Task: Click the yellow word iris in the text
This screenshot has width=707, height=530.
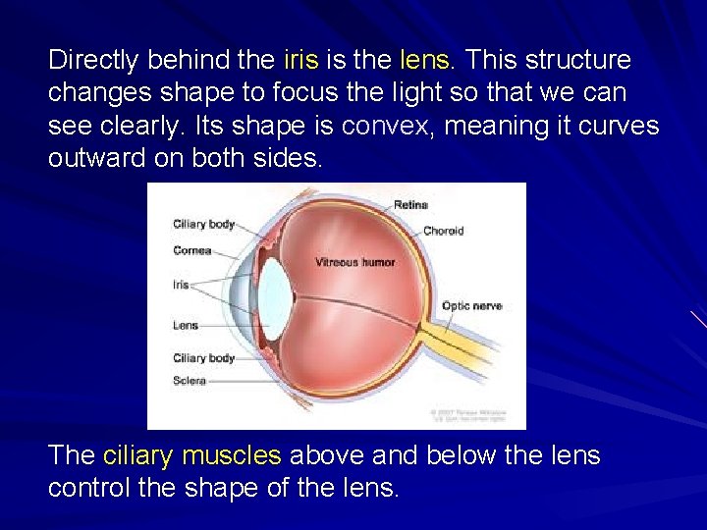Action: point(300,60)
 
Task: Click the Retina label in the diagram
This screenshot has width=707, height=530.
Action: point(410,205)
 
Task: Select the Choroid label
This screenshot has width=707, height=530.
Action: point(443,231)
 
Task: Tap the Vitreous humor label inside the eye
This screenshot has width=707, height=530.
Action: point(354,262)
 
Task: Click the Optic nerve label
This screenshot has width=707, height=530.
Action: point(471,306)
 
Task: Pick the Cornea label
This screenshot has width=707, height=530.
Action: point(192,250)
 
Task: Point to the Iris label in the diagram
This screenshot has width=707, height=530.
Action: point(181,286)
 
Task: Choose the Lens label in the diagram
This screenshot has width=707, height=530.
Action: point(186,325)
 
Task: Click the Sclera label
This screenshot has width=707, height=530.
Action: point(190,380)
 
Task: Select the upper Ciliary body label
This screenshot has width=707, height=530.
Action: point(203,224)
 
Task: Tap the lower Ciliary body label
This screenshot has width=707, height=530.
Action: point(203,358)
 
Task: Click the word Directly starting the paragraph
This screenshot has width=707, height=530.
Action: point(93,60)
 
